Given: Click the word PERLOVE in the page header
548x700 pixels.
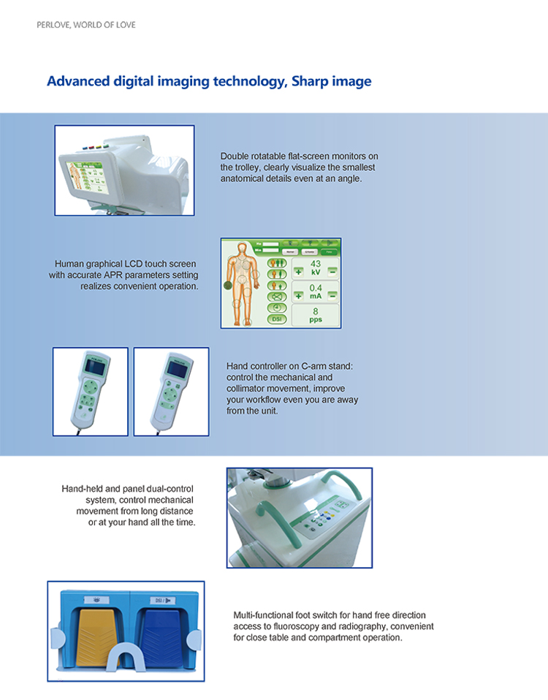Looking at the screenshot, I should (x=52, y=25).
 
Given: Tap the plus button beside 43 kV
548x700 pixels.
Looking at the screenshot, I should (x=298, y=270).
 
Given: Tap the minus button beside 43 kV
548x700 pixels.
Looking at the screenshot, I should (x=332, y=270).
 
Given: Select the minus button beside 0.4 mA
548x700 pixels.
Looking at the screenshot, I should (x=332, y=296).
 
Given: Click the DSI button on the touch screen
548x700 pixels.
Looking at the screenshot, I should (x=277, y=319).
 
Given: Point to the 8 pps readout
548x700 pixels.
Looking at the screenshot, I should (x=315, y=316).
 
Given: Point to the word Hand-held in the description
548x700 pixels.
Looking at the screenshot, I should (x=82, y=488).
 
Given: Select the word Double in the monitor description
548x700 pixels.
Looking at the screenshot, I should (x=236, y=156).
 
